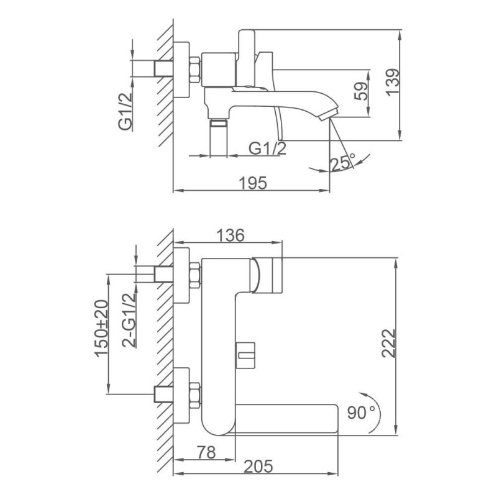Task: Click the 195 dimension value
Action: pyautogui.click(x=253, y=183)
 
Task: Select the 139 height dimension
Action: pyautogui.click(x=393, y=81)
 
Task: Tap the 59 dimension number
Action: pyautogui.click(x=362, y=91)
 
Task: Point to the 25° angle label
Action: pyautogui.click(x=343, y=162)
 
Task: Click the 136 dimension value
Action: pyautogui.click(x=230, y=235)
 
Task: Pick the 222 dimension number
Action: pyautogui.click(x=389, y=344)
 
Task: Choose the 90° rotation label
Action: pyautogui.click(x=361, y=413)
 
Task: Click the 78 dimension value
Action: pyautogui.click(x=206, y=452)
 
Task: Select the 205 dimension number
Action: pyautogui.click(x=258, y=466)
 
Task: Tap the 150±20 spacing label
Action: pyautogui.click(x=101, y=329)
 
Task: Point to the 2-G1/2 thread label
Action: pyautogui.click(x=129, y=321)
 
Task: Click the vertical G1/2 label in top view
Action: pyautogui.click(x=125, y=112)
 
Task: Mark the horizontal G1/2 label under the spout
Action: pyautogui.click(x=267, y=148)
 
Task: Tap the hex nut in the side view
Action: pyautogui.click(x=195, y=70)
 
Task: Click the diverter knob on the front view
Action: pyautogui.click(x=245, y=355)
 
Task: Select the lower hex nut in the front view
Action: pyautogui.click(x=195, y=394)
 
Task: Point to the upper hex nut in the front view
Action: pyautogui.click(x=195, y=275)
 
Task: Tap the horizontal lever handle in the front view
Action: pyautogui.click(x=285, y=418)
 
